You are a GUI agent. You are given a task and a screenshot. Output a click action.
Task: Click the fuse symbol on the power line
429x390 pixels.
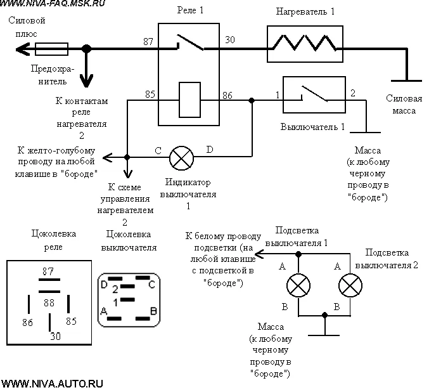[x=52, y=48]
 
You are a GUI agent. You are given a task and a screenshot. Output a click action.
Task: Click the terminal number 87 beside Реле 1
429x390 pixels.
[x=148, y=41]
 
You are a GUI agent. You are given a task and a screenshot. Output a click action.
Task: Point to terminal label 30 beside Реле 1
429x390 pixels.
[x=230, y=41]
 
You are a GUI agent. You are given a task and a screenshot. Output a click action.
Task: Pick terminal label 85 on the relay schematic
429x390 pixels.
[x=150, y=94]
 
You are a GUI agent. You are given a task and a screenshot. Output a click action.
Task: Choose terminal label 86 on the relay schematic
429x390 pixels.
[x=227, y=94]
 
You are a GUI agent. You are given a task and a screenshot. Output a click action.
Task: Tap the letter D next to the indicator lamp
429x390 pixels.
[x=210, y=150]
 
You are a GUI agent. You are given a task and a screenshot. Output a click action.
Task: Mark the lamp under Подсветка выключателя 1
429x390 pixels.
[x=299, y=287]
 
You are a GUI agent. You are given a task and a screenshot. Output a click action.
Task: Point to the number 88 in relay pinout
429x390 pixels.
[x=49, y=303]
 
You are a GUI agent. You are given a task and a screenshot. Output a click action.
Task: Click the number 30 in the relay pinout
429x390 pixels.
[x=56, y=337]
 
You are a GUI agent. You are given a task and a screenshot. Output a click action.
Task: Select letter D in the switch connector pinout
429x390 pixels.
[x=103, y=283]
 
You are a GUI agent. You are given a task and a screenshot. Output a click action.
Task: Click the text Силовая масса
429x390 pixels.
[x=401, y=105]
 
